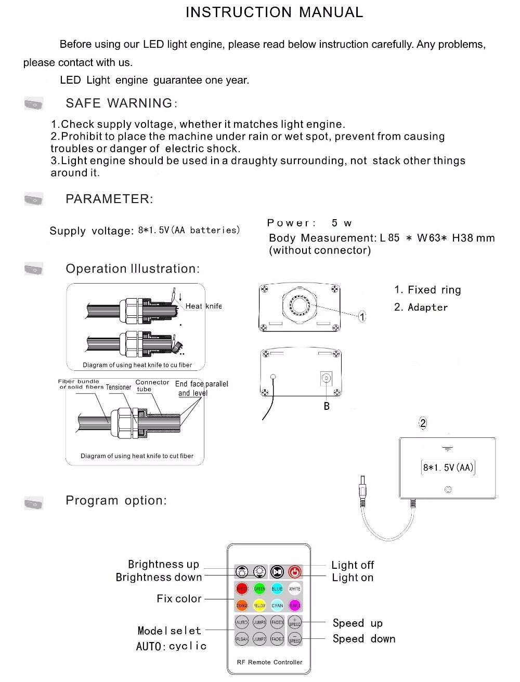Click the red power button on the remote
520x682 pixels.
[295, 572]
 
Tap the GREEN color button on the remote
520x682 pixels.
[259, 589]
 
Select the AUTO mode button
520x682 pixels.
[242, 622]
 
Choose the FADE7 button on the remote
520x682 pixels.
[277, 639]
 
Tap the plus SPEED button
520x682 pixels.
[295, 622]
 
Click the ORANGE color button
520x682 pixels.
[242, 605]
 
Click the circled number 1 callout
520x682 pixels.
[362, 316]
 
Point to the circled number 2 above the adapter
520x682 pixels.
[423, 423]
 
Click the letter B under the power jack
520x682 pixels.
[327, 406]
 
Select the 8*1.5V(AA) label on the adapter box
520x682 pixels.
[448, 467]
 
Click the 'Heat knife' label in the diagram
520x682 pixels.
[203, 306]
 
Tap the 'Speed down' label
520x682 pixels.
[364, 639]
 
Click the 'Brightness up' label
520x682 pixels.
[163, 564]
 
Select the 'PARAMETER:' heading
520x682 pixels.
[109, 199]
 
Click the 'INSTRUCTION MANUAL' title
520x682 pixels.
[274, 12]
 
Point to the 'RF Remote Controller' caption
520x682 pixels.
[269, 662]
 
